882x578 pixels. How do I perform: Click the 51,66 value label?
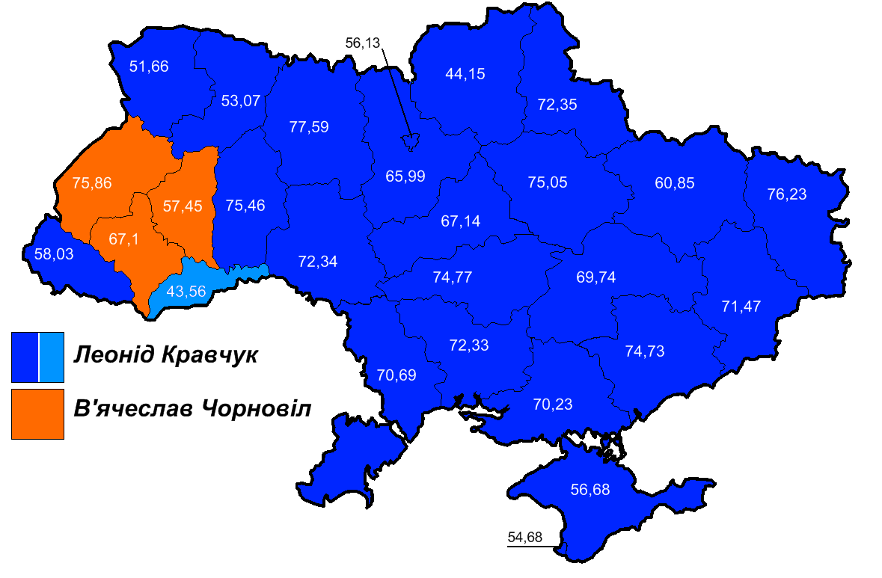(x=149, y=67)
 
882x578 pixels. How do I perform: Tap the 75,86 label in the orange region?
(x=92, y=182)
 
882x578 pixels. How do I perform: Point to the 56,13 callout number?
(x=364, y=43)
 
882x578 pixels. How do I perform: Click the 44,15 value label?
(x=465, y=74)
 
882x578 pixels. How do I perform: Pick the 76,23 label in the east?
(x=787, y=194)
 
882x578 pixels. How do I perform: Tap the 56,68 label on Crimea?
(x=590, y=491)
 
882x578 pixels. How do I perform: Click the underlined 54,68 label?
(x=524, y=538)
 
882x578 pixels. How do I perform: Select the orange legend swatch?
(x=37, y=413)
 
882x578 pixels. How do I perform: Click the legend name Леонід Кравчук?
(x=165, y=355)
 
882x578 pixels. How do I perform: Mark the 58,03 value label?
(x=54, y=254)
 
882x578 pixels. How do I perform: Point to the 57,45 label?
(x=183, y=206)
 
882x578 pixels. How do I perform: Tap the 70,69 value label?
(x=397, y=374)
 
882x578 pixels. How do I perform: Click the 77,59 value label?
(x=309, y=126)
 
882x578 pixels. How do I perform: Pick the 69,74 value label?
(x=595, y=277)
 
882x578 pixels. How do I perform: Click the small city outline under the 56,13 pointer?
(x=410, y=140)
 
